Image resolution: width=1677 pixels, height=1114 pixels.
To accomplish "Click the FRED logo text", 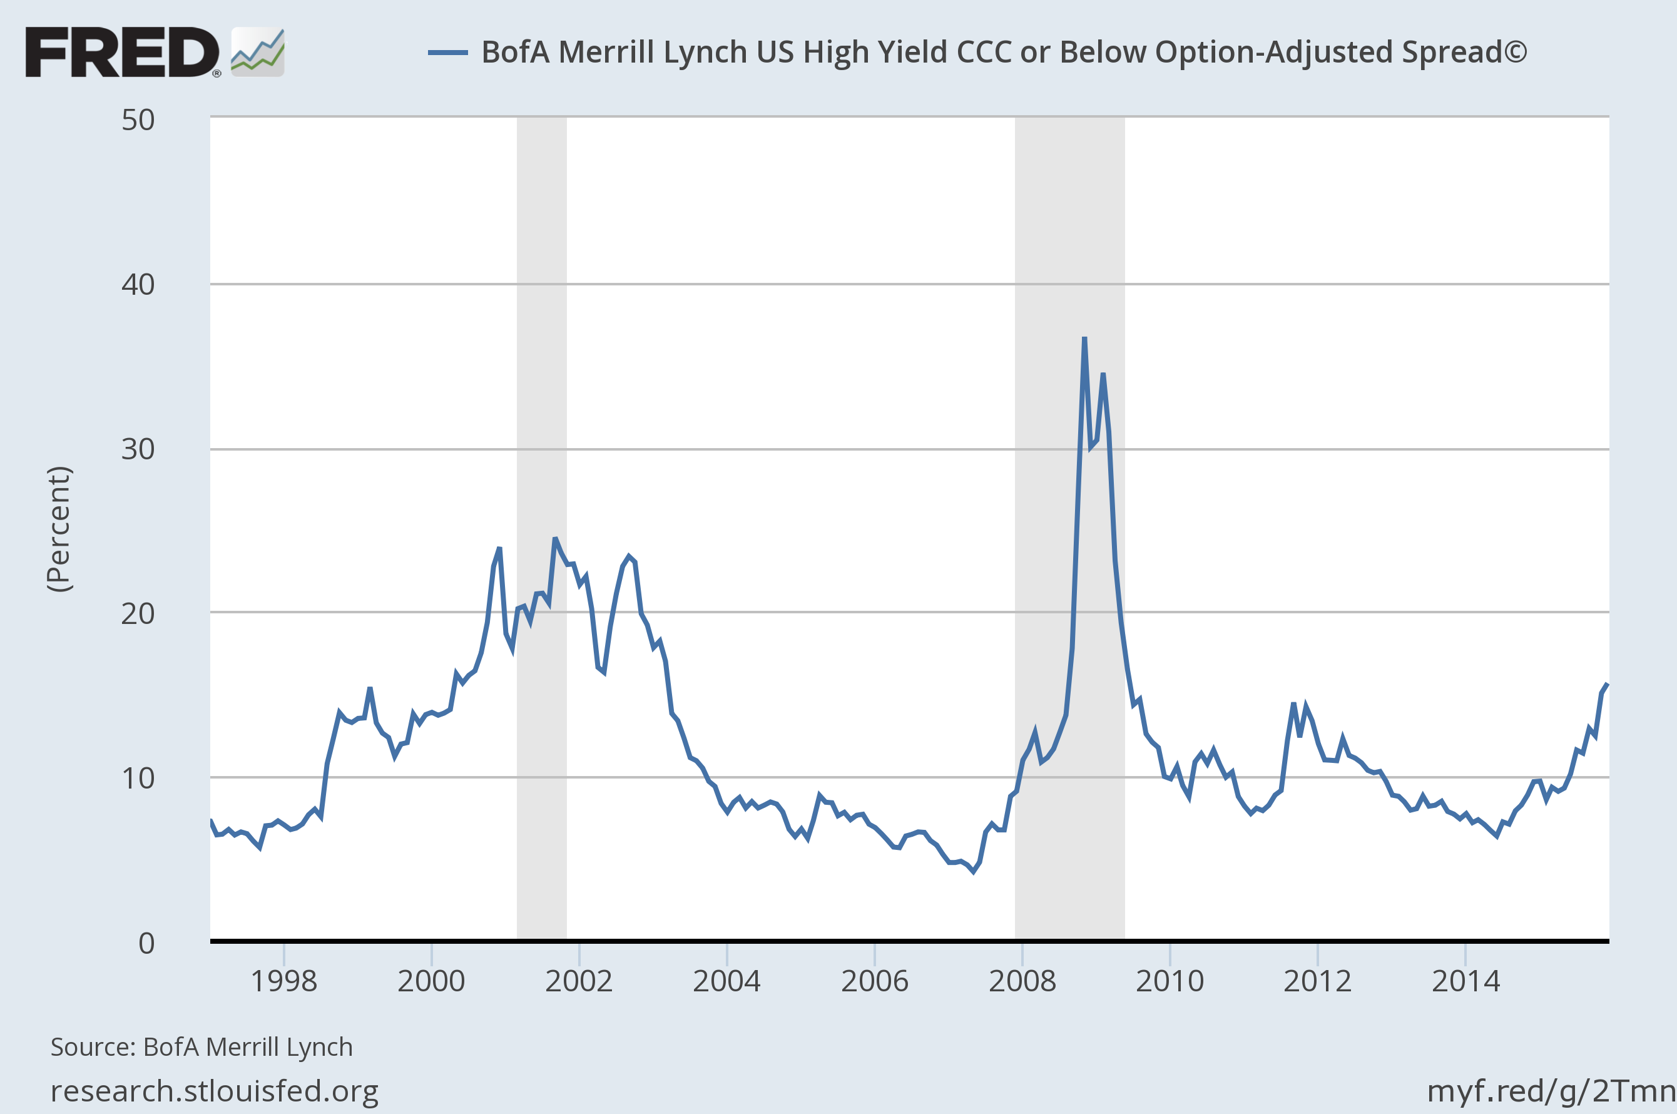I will click(122, 52).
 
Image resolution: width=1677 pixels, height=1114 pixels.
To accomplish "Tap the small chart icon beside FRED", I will click(258, 53).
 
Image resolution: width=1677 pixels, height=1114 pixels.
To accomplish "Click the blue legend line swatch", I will click(447, 53).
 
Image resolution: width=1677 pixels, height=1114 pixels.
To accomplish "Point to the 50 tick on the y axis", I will click(138, 120).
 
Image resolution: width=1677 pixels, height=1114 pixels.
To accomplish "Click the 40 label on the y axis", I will click(138, 285).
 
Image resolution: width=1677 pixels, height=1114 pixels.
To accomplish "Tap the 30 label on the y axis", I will click(138, 449).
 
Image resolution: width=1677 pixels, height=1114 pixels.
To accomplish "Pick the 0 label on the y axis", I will click(146, 943).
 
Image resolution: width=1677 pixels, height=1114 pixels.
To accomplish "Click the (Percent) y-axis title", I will click(59, 529).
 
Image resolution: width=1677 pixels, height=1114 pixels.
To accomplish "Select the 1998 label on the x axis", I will click(283, 981).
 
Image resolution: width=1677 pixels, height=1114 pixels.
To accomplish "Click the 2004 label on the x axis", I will click(726, 981).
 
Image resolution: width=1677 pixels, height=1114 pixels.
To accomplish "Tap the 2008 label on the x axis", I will click(1022, 981).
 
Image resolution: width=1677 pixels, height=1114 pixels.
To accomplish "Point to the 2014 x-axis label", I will click(1465, 981).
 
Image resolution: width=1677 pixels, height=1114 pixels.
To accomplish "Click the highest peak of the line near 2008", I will click(1084, 338).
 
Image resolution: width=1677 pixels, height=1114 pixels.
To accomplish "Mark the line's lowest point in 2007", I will click(973, 871).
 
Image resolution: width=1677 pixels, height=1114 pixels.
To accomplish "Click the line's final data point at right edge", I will click(1607, 684).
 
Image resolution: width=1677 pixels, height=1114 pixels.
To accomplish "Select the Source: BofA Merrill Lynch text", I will click(201, 1047).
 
